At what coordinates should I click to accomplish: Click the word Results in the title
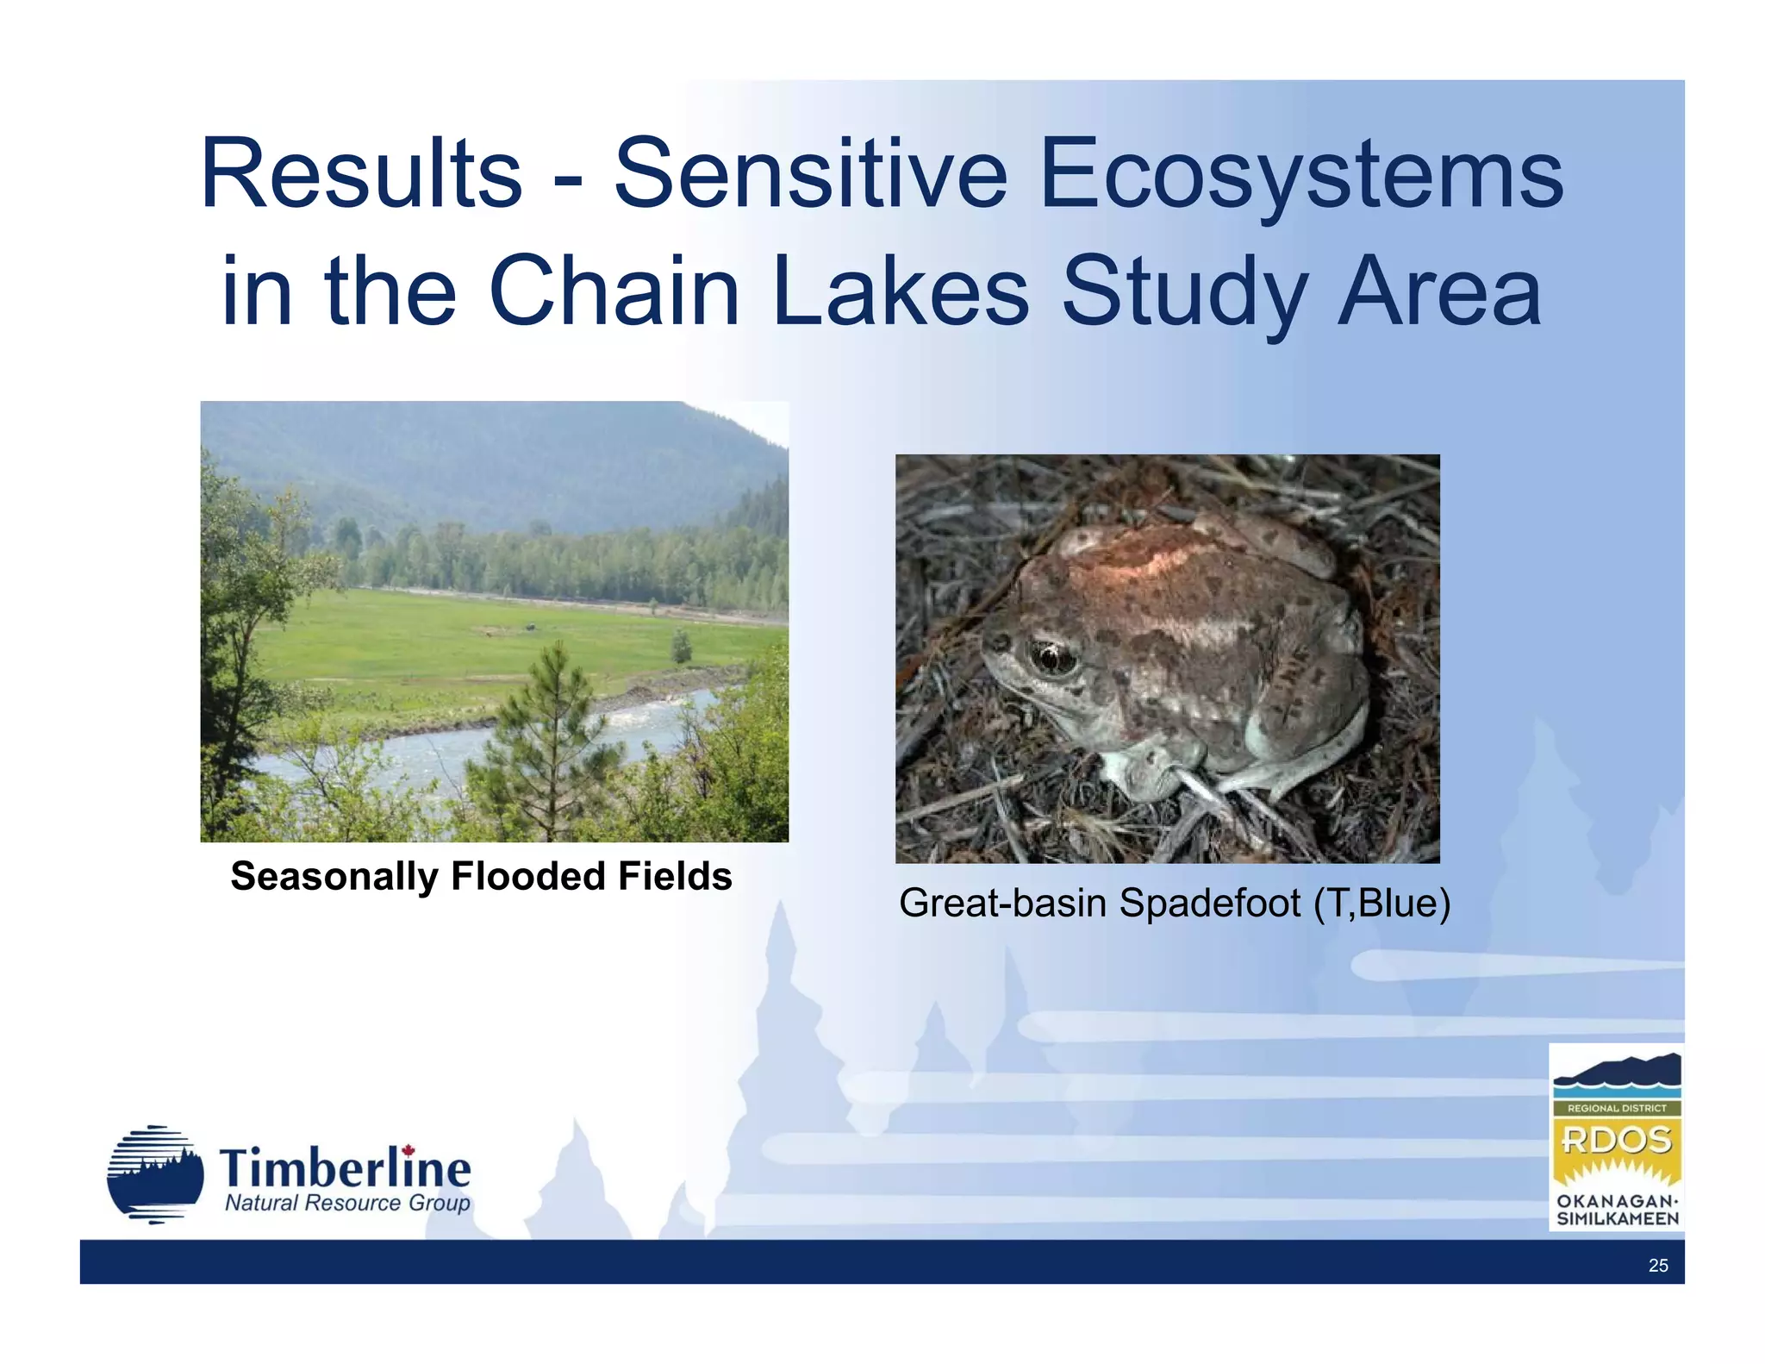click(360, 174)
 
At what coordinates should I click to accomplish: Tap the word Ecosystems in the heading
click(1300, 176)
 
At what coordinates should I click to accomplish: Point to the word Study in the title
click(1183, 293)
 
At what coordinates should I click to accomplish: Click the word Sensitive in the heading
click(810, 174)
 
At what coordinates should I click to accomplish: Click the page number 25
click(1657, 1266)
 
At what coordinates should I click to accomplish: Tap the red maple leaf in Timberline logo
click(409, 1151)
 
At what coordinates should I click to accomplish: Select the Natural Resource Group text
click(346, 1204)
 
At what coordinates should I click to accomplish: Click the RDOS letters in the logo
click(1616, 1141)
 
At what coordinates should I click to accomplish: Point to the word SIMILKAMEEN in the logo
click(1617, 1219)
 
